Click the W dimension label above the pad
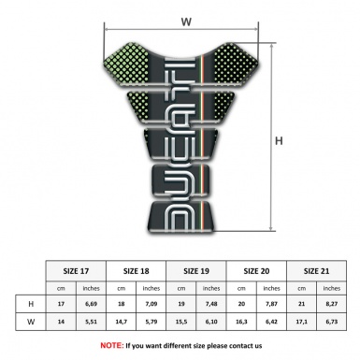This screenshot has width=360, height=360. [185, 17]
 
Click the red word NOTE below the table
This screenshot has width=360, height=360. [112, 346]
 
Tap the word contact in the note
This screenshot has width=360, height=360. [234, 346]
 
